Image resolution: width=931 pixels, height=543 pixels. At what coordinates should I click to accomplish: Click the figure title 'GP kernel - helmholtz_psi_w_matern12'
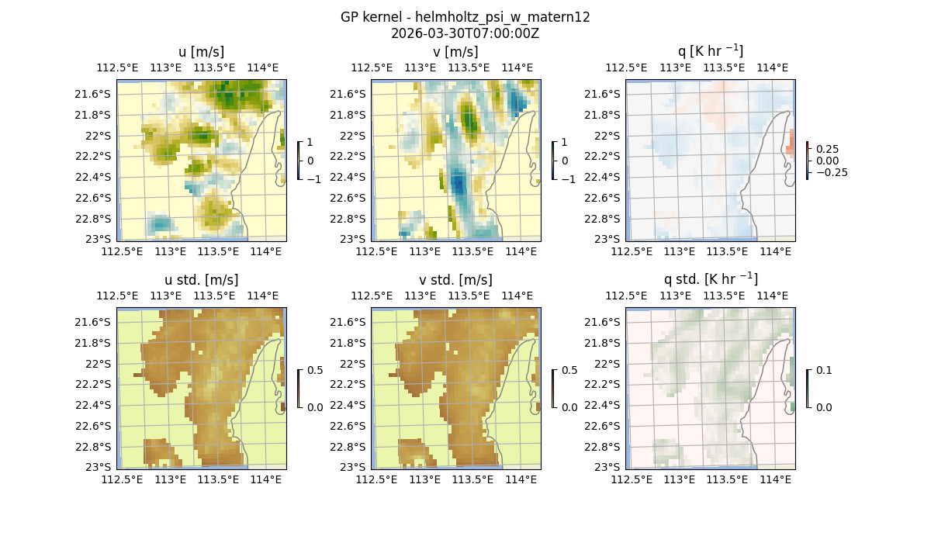coord(465,17)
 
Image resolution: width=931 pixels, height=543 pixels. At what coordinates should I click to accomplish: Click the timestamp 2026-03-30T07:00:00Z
coord(465,33)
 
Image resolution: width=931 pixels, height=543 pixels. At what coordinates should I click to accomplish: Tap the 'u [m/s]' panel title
coord(202,52)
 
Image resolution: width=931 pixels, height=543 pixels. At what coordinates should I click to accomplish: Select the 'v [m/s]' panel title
coord(456,52)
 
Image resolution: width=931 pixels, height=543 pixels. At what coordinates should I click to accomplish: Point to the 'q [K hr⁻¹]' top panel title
coord(710,51)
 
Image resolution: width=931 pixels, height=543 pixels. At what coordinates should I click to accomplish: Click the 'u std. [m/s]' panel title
coord(202,280)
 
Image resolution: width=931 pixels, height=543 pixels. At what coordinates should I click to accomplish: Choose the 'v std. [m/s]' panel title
coord(456,280)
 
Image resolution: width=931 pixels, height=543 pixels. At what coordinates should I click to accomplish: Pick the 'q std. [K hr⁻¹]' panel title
coord(710,279)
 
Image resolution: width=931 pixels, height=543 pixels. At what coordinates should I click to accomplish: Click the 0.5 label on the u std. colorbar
coord(315,370)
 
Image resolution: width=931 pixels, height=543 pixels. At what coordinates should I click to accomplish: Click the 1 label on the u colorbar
coord(310,142)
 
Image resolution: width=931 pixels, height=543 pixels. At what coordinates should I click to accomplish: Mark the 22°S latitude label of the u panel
coord(98,135)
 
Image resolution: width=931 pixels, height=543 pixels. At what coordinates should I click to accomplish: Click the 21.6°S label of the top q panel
coord(607,94)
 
